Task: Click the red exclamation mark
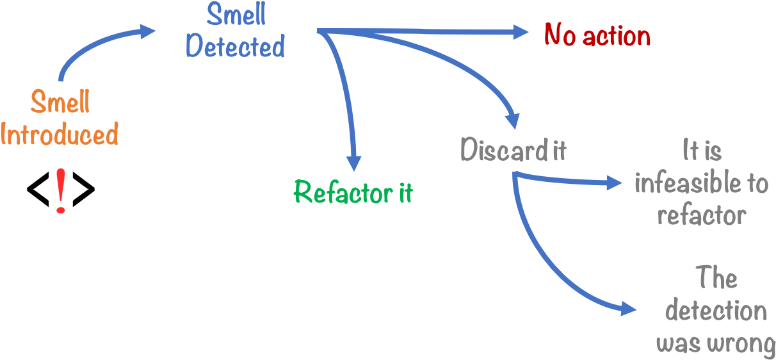[x=60, y=190]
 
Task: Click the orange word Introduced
[x=60, y=135]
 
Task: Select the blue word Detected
[x=235, y=47]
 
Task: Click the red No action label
[x=597, y=35]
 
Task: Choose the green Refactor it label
[x=353, y=192]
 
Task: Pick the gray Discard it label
[x=513, y=151]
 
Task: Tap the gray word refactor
[x=701, y=215]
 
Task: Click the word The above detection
[x=716, y=279]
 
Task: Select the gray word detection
[x=715, y=311]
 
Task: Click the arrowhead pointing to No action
[x=520, y=32]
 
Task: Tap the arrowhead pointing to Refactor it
[x=353, y=161]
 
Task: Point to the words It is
[x=702, y=152]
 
